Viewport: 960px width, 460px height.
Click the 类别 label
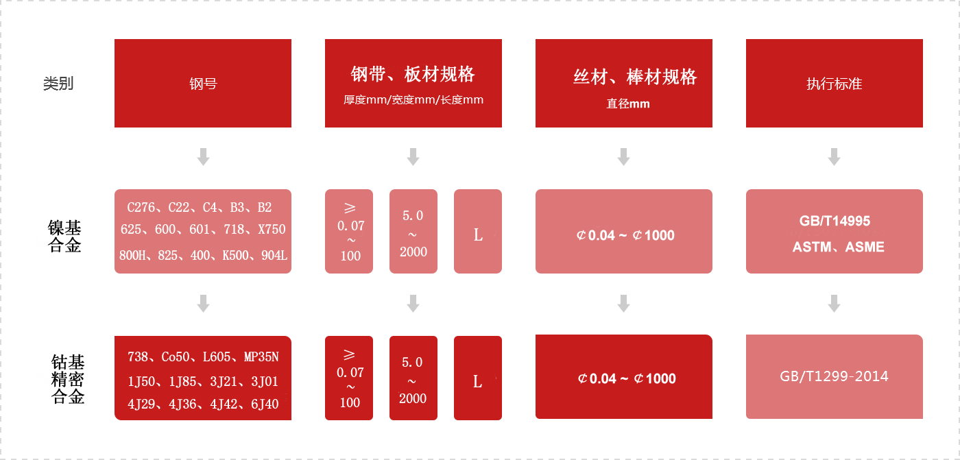click(x=58, y=83)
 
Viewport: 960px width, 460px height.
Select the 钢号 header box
click(x=203, y=83)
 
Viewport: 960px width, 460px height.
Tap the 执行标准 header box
click(x=834, y=83)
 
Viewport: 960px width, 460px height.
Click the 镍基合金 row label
click(x=64, y=236)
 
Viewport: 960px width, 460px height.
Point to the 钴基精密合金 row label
click(x=68, y=379)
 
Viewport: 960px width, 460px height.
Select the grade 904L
click(x=274, y=255)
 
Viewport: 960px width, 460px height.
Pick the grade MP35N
click(x=261, y=356)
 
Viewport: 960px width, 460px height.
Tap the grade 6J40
click(x=265, y=404)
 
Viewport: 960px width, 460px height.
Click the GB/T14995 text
click(x=835, y=221)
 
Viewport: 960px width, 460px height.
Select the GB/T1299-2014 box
click(x=834, y=376)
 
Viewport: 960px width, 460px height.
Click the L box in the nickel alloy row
click(x=478, y=231)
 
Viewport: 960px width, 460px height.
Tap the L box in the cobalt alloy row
click(x=478, y=378)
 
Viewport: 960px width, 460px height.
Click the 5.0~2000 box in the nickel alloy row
click(x=413, y=231)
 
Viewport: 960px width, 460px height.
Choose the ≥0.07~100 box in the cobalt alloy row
click(x=349, y=378)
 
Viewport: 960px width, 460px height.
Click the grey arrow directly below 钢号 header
click(x=203, y=157)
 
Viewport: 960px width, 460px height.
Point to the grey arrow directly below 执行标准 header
click(x=834, y=157)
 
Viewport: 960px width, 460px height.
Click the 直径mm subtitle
click(x=628, y=104)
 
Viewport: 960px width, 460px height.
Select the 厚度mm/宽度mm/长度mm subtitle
click(x=413, y=100)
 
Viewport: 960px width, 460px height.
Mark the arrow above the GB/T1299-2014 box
click(x=834, y=303)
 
